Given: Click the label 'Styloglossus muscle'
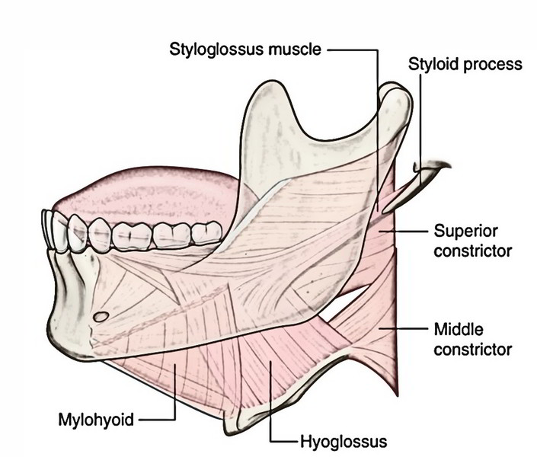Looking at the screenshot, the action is coord(245,50).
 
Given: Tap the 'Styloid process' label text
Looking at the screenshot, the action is coord(465,64).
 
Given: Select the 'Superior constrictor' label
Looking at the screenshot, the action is coord(472,241).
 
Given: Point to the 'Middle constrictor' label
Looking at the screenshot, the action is coord(472,340).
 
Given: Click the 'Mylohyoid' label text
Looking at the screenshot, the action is coord(96,420).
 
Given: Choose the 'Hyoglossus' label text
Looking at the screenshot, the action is coord(344,442).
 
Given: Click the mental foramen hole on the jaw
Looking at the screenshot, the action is coord(101,317).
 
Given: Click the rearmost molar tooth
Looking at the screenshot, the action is coord(206,233).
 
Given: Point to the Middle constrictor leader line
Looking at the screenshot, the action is coord(403,328).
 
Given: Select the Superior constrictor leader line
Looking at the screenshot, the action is coord(403,232).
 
